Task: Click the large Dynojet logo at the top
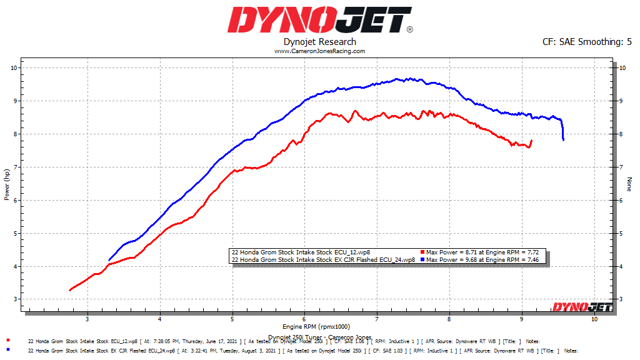319,19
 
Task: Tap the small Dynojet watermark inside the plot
581,306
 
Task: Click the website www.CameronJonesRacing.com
319,51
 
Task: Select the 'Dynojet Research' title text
319,42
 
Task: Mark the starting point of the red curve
70,290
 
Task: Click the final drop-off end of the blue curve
563,139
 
